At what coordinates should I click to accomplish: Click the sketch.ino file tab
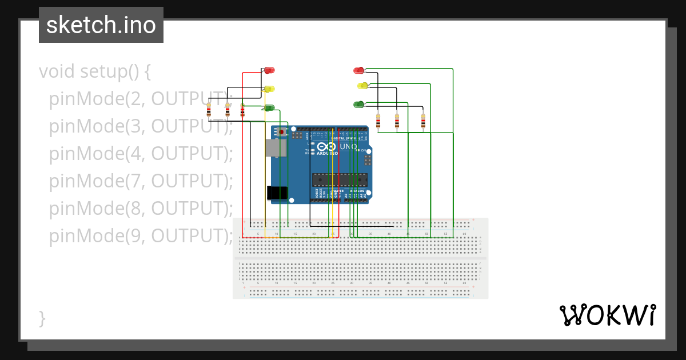[x=101, y=25]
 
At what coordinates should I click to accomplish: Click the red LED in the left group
[x=269, y=70]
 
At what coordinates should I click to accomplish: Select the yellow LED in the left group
[x=269, y=89]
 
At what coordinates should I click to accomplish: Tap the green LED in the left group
[x=269, y=107]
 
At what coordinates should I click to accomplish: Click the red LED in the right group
[x=359, y=70]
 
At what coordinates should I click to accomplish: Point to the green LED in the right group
[x=359, y=104]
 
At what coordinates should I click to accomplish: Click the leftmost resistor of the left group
[x=209, y=110]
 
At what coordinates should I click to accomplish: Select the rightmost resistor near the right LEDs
[x=423, y=121]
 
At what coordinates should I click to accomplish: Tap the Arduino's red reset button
[x=280, y=132]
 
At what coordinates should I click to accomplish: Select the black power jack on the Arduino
[x=277, y=193]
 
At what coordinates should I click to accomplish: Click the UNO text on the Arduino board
[x=349, y=147]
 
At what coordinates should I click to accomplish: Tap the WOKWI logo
[x=607, y=315]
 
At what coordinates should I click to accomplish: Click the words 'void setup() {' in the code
[x=95, y=72]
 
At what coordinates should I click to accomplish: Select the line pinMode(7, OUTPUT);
[x=141, y=181]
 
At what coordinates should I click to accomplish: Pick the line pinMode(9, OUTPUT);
[x=141, y=235]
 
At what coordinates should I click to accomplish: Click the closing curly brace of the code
[x=42, y=318]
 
